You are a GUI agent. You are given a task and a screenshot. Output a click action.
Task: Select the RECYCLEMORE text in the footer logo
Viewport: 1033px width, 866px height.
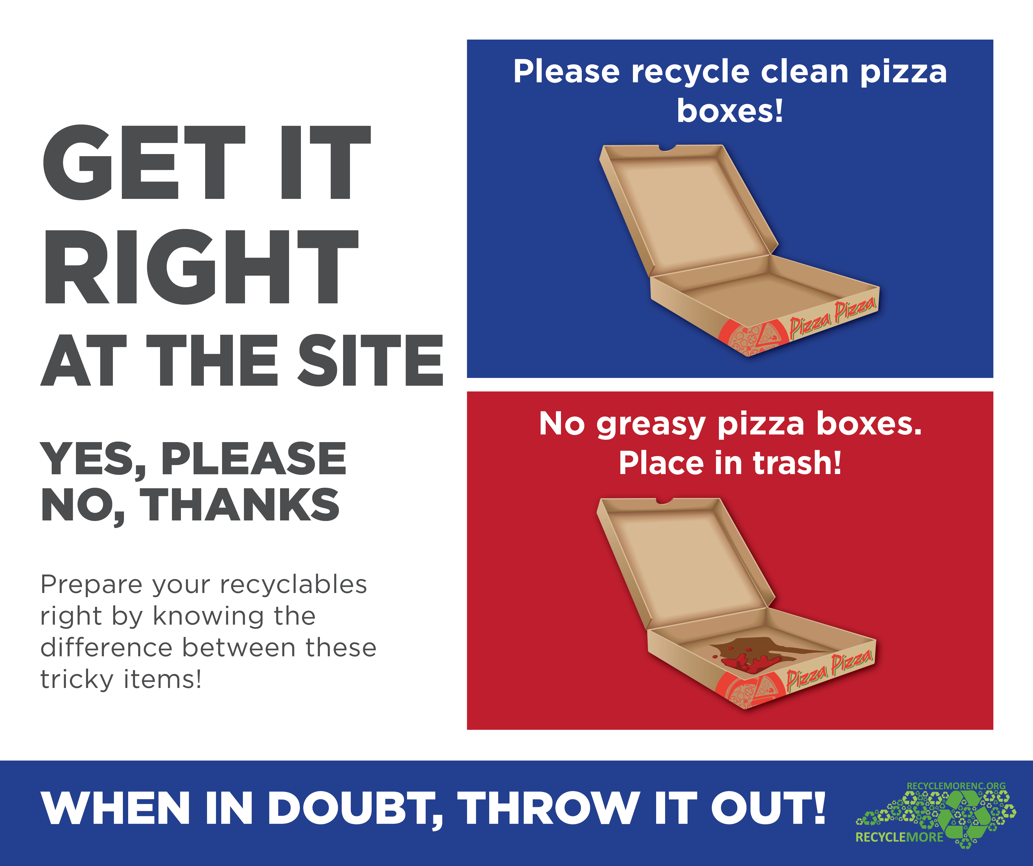(x=899, y=837)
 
